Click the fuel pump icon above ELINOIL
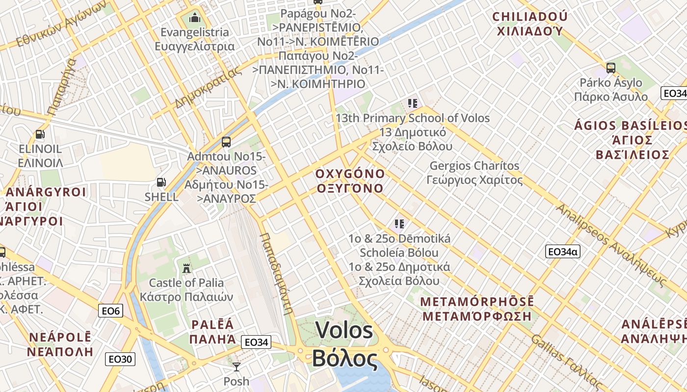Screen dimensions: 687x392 [x=40, y=134]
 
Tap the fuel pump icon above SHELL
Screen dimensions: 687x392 [x=161, y=183]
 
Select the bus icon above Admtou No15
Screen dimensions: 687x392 [x=226, y=142]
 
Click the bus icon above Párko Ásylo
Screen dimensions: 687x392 [x=611, y=68]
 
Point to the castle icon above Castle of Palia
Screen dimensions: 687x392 [x=186, y=268]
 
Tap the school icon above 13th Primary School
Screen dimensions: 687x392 [x=413, y=103]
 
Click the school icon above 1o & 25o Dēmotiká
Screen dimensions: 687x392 [x=399, y=224]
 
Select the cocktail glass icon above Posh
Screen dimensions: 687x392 [x=237, y=367]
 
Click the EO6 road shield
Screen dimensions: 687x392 [x=110, y=311]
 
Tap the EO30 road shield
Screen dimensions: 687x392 [x=120, y=359]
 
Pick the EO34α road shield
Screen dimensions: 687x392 [x=563, y=252]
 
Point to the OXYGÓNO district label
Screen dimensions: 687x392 [x=350, y=174]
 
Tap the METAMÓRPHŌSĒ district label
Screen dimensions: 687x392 [x=477, y=301]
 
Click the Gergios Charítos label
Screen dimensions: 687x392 [x=474, y=166]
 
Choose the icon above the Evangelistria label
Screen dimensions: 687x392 [x=195, y=18]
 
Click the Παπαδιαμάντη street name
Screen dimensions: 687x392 [x=276, y=272]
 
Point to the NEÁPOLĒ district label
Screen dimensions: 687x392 [x=60, y=337]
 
